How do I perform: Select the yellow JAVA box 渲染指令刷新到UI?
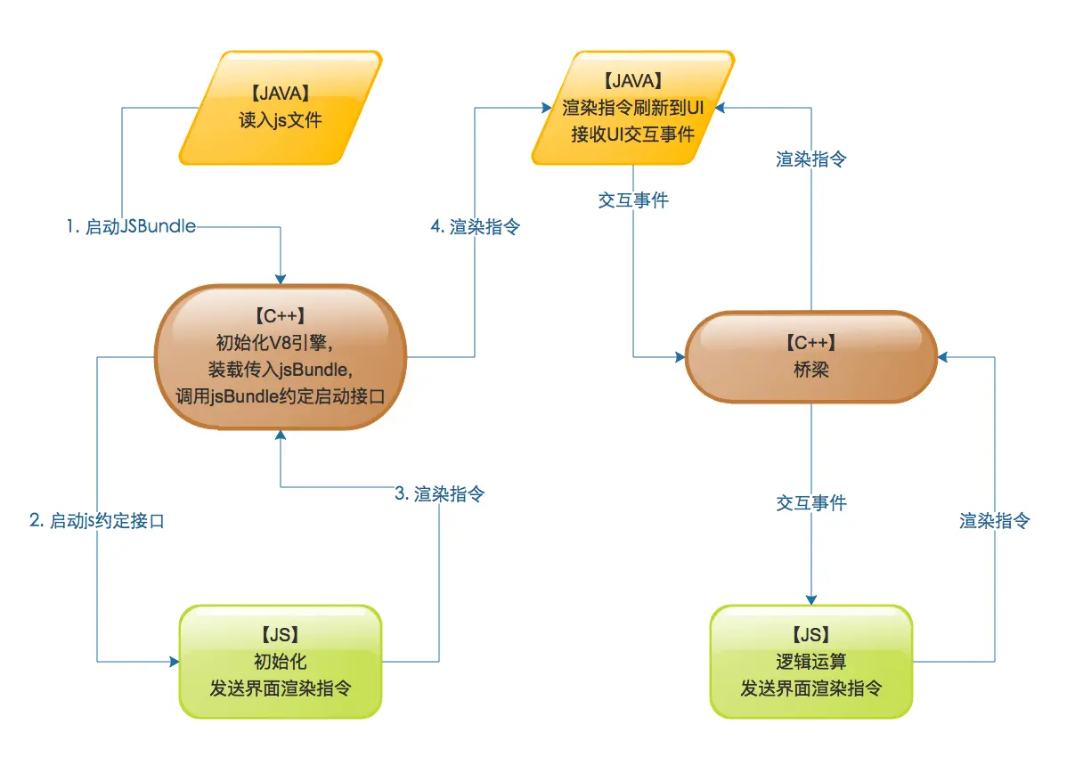633,108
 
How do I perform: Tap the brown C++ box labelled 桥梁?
810,357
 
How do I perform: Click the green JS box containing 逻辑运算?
810,662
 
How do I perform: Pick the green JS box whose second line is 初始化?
281,662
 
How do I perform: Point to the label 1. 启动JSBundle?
131,227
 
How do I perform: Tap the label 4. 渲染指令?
475,227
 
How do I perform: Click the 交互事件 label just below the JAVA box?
633,200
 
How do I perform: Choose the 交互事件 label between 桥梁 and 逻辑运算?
811,503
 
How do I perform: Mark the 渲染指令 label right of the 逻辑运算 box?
995,521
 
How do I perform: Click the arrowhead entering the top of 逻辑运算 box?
811,599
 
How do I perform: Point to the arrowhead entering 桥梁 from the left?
679,357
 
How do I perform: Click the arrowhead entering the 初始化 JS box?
173,662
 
